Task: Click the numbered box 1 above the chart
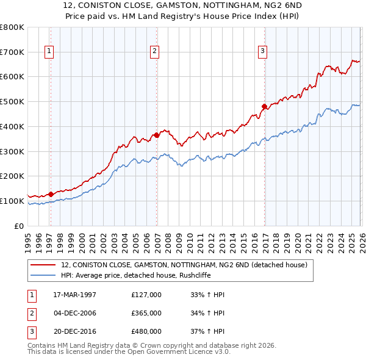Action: click(48, 51)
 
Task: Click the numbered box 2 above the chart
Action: click(155, 51)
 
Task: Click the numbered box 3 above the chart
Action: click(263, 51)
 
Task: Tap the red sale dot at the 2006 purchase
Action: click(157, 135)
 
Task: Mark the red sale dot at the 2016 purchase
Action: click(265, 106)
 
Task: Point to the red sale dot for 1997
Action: click(51, 194)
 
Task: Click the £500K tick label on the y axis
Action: click(12, 101)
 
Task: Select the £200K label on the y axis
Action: click(12, 176)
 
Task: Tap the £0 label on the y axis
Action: click(18, 226)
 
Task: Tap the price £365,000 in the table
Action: click(146, 313)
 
